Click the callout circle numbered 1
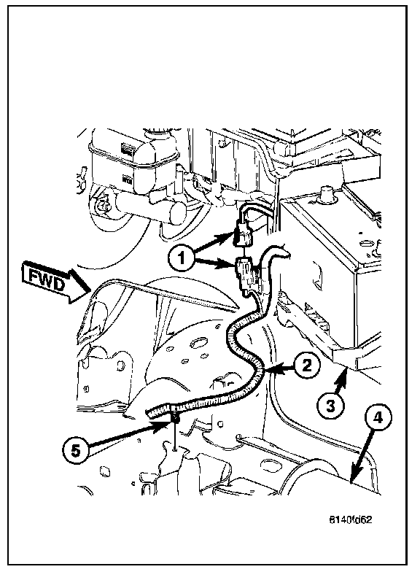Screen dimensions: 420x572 (181, 258)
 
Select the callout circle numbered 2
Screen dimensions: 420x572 (308, 365)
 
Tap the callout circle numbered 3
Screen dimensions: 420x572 (330, 406)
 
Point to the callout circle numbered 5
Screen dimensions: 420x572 (76, 451)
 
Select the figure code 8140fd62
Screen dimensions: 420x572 (350, 519)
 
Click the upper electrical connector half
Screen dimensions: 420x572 (244, 234)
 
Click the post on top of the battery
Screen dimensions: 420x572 (325, 193)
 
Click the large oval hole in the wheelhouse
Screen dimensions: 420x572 (198, 343)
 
